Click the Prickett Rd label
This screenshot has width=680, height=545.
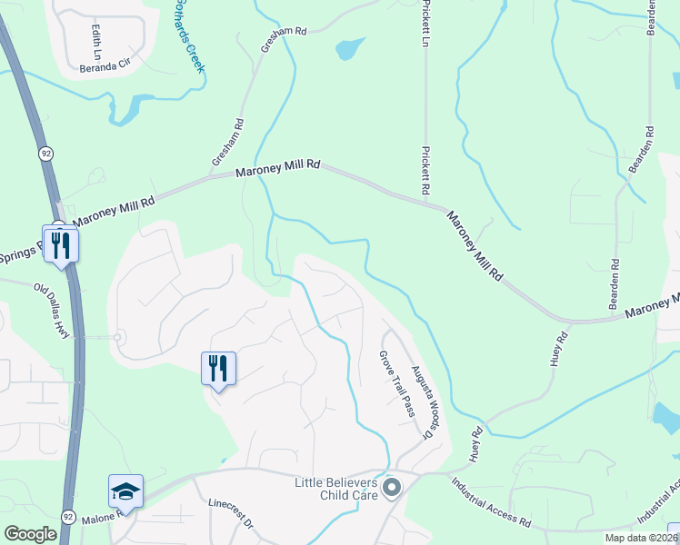pos(424,171)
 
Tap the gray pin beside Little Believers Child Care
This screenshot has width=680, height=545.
pos(392,489)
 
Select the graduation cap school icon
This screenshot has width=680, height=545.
pos(125,492)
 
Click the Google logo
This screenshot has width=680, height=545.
pos(31,534)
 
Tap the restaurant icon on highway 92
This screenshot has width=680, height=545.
pos(61,244)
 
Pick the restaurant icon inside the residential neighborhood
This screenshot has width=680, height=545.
pos(218,368)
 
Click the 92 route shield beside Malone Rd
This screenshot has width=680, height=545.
pos(69,516)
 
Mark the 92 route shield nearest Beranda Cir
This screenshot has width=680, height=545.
pos(45,154)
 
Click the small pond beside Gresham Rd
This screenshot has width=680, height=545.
pos(351,48)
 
